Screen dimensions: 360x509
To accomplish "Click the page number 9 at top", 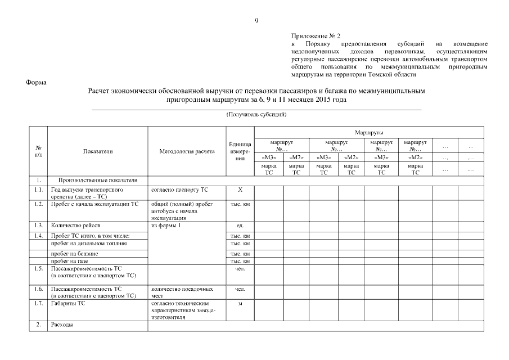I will pyautogui.click(x=256, y=21).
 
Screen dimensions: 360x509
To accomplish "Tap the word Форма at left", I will pyautogui.click(x=36, y=83).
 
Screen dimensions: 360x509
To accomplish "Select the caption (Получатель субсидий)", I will pyautogui.click(x=256, y=114).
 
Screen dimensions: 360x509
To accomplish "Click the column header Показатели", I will pyautogui.click(x=98, y=152).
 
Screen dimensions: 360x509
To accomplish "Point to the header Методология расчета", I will pyautogui.click(x=187, y=152).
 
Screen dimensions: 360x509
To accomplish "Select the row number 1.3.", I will pyautogui.click(x=38, y=225).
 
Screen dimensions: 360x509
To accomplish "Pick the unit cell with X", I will pyautogui.click(x=240, y=190).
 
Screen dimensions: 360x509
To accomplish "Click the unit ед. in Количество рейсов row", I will pyautogui.click(x=240, y=225).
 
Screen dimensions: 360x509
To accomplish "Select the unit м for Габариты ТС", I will pyautogui.click(x=240, y=304).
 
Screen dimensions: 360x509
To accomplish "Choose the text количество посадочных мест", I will pyautogui.click(x=182, y=292).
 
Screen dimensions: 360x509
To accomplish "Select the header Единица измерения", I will pyautogui.click(x=240, y=152).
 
